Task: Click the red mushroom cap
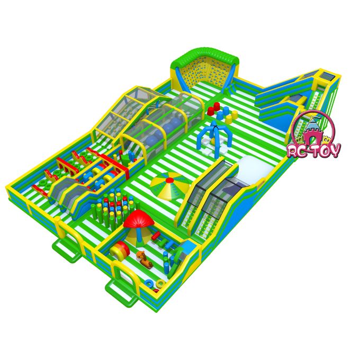139,219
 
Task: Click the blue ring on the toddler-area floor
149,282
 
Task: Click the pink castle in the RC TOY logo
312,133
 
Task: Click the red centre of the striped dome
169,180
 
